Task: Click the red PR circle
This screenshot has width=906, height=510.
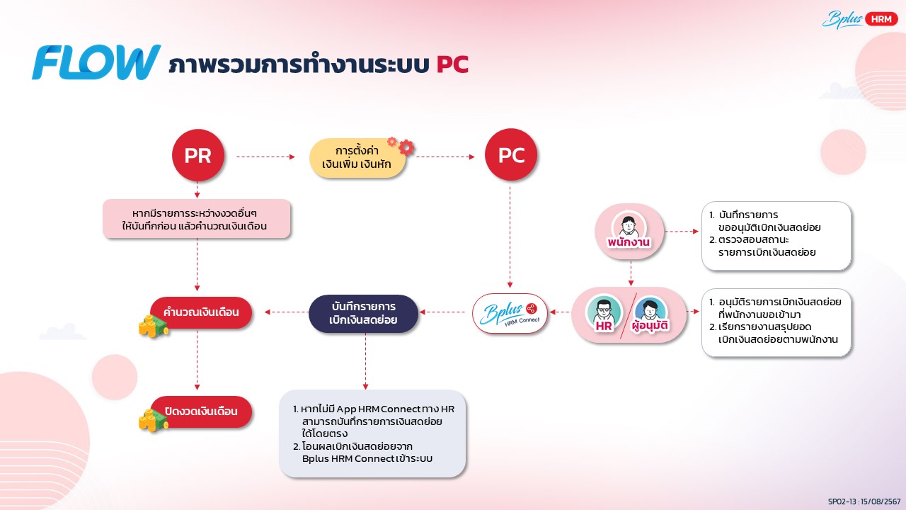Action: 197,155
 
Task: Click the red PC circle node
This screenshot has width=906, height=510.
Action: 511,154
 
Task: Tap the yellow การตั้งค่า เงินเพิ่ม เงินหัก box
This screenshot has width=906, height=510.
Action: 357,158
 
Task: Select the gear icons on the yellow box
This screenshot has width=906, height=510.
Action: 401,146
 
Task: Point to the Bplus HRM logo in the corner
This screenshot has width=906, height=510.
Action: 859,19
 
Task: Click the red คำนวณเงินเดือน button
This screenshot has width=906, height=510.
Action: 201,312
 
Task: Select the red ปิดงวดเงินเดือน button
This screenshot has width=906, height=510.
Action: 201,412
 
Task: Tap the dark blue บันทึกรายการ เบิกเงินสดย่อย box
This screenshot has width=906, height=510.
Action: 363,313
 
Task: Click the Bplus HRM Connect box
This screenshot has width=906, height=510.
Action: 510,314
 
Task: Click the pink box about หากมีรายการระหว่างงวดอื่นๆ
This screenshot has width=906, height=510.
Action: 197,219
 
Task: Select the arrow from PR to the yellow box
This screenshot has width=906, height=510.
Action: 265,157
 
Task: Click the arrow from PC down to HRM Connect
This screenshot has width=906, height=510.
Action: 510,237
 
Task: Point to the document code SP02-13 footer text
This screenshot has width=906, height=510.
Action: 864,501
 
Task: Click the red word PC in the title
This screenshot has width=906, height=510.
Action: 452,64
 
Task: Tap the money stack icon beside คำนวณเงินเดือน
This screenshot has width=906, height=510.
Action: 152,327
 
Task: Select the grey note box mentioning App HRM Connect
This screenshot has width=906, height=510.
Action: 372,433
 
